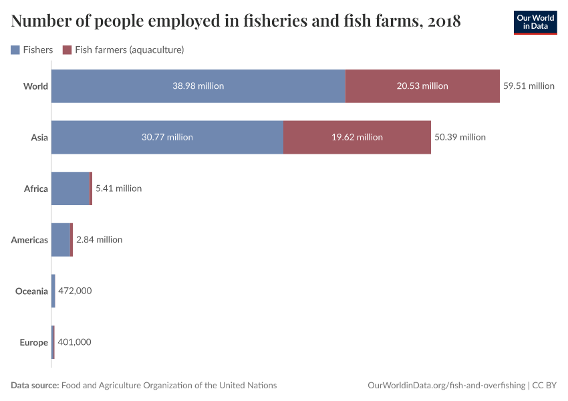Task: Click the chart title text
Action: pos(236,21)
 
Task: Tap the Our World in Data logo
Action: pos(535,22)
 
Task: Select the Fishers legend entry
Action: pos(32,49)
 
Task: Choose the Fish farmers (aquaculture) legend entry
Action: pos(123,49)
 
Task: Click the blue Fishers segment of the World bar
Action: pos(198,86)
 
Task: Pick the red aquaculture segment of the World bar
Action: pos(422,86)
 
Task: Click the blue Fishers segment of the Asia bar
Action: pos(167,137)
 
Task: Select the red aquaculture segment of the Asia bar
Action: pos(357,137)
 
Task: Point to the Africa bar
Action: pos(71,188)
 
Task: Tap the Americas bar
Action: pos(61,239)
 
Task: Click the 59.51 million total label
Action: pos(529,86)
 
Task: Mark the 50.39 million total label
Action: pos(460,137)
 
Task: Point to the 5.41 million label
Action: pos(119,188)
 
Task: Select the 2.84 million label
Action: pos(100,239)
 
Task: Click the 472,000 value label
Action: pos(76,291)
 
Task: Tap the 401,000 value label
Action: pos(75,342)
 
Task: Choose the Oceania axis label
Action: pos(31,291)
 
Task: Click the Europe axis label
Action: pos(33,342)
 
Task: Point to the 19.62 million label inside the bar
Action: pos(357,137)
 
